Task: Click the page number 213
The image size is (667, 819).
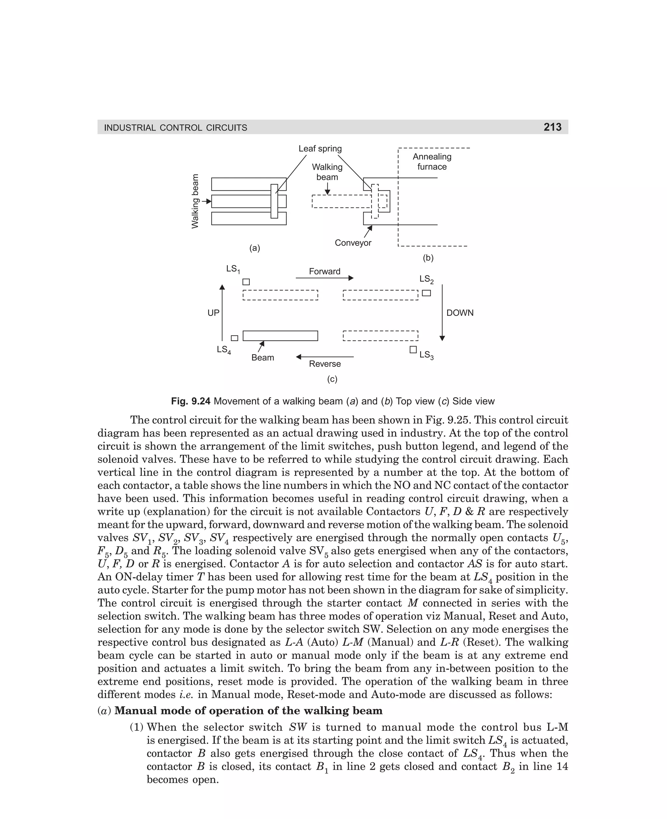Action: (x=552, y=127)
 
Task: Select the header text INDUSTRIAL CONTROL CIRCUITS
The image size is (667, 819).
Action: (x=176, y=128)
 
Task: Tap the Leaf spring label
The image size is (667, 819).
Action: (x=320, y=148)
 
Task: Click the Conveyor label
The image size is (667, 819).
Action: (x=353, y=243)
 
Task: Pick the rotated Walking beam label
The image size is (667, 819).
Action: (x=195, y=201)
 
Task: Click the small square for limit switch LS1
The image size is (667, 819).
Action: (x=246, y=282)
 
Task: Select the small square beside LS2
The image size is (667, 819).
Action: (x=426, y=293)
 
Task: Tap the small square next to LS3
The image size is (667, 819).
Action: (x=413, y=349)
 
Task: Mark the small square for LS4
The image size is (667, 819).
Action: (x=234, y=338)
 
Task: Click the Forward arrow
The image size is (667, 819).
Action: (x=324, y=278)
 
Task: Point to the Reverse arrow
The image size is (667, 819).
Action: (x=325, y=357)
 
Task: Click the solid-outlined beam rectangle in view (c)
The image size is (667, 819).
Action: (x=280, y=336)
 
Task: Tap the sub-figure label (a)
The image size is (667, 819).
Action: (x=255, y=248)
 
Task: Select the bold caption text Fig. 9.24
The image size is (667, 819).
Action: (x=191, y=401)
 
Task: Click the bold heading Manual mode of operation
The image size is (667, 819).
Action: (x=248, y=711)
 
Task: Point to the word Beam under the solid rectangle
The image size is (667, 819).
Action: (x=263, y=357)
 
